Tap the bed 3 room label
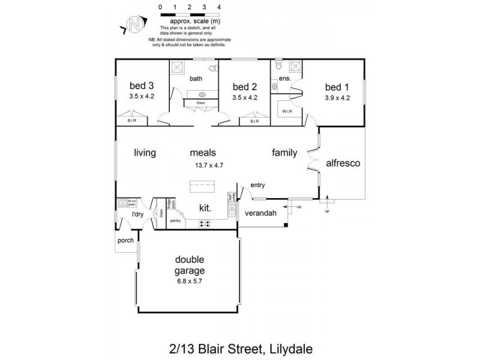[x=142, y=86]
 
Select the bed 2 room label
[x=244, y=86]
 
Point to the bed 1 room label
[x=337, y=86]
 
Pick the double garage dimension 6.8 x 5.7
[x=190, y=281]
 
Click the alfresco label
[x=343, y=163]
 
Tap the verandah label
[x=260, y=213]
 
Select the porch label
[x=125, y=241]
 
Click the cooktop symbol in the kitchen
[x=204, y=224]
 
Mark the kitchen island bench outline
[x=206, y=186]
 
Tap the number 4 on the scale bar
[x=219, y=7]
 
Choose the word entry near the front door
[x=257, y=185]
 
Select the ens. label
[x=284, y=79]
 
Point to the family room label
[x=284, y=152]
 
